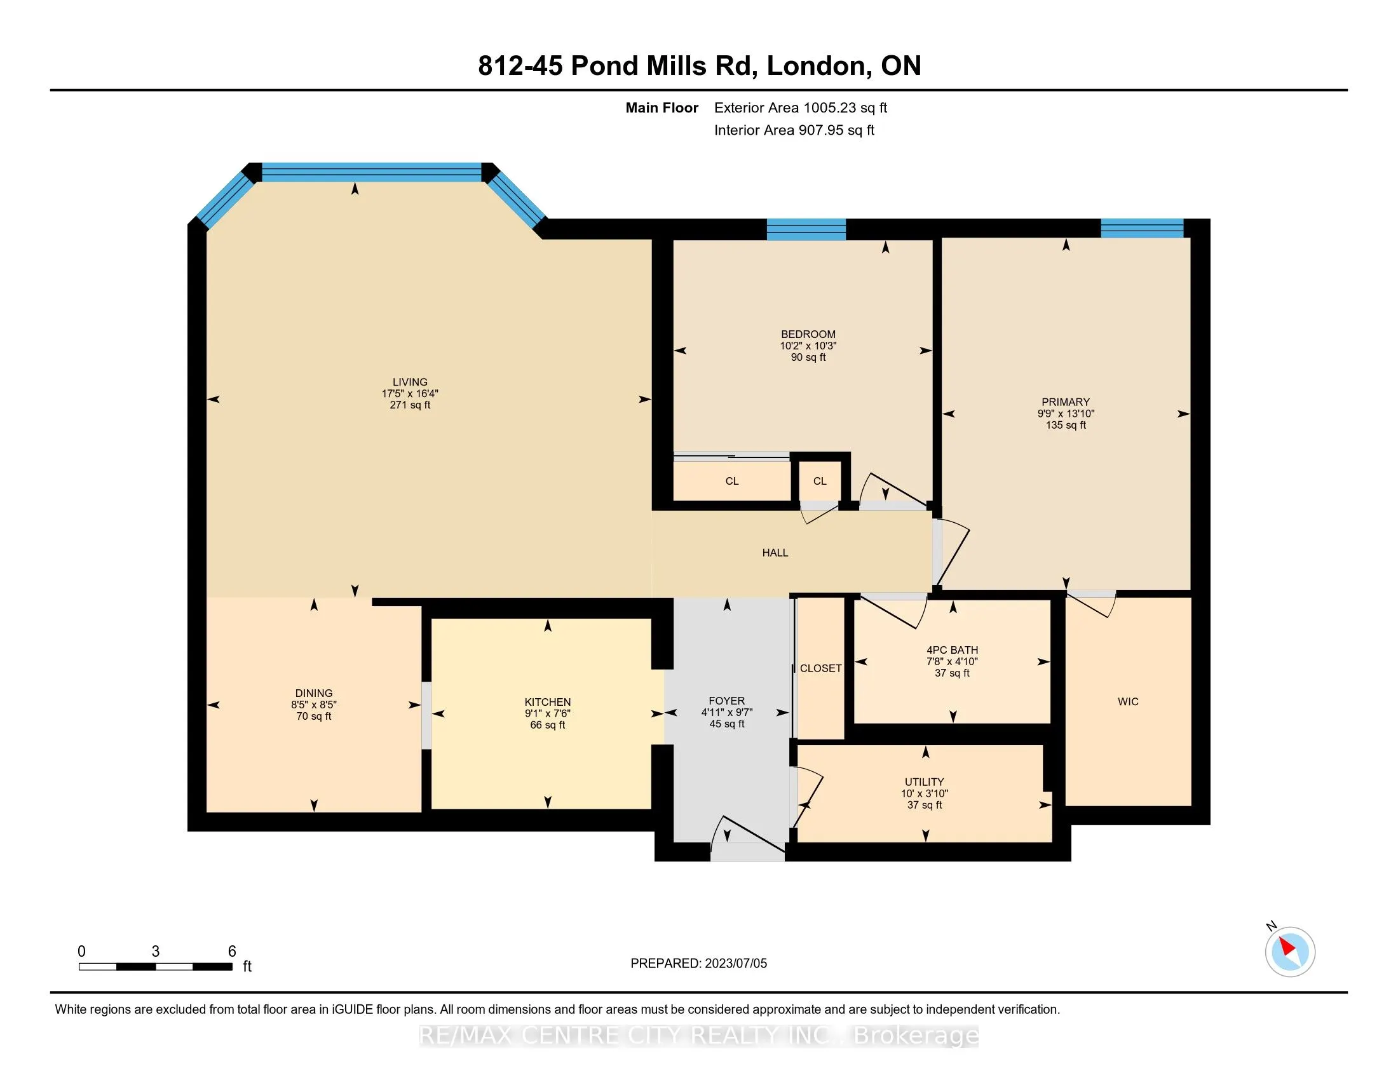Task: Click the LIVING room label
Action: click(410, 382)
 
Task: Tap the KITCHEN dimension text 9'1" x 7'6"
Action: click(547, 713)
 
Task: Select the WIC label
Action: click(1128, 702)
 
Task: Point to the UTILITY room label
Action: click(924, 782)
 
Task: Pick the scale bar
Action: click(156, 966)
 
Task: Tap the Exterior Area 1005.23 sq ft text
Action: click(800, 108)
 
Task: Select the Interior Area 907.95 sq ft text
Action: click(794, 130)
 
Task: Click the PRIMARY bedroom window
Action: click(1141, 228)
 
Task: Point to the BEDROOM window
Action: click(806, 229)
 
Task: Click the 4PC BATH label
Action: click(952, 650)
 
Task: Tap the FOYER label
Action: click(726, 701)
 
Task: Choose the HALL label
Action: click(775, 553)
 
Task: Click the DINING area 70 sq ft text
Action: click(314, 717)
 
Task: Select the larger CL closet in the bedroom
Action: click(731, 481)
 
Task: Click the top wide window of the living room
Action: click(371, 172)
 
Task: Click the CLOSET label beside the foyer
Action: click(820, 668)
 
